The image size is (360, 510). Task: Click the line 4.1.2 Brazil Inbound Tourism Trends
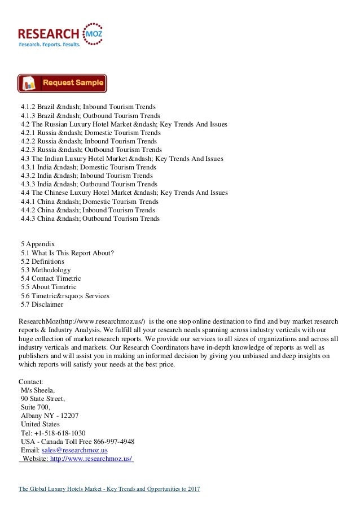point(88,106)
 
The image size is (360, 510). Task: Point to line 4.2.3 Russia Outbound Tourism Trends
point(91,150)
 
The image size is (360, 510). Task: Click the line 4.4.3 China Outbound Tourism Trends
point(90,218)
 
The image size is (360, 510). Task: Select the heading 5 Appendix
point(39,244)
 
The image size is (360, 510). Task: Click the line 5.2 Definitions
point(42,261)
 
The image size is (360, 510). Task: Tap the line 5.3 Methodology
point(45,270)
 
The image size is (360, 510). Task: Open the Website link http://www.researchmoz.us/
point(91,458)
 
